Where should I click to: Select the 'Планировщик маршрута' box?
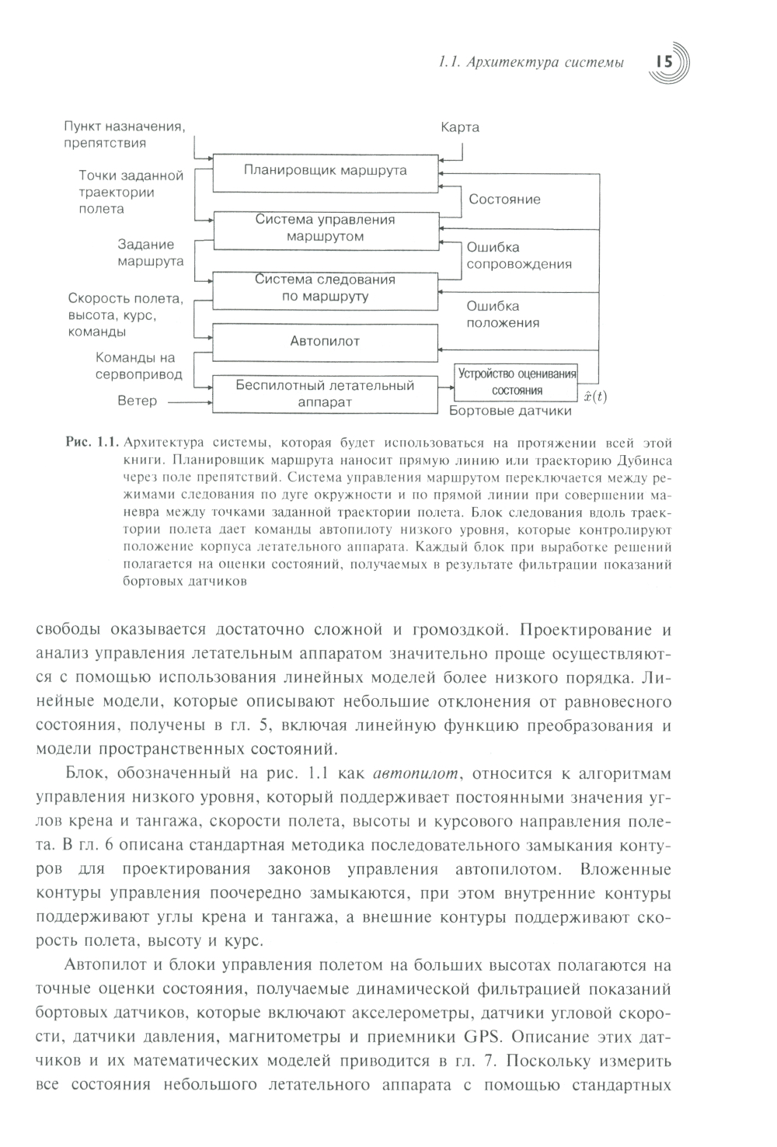(x=325, y=172)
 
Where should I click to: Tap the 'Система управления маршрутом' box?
(x=325, y=228)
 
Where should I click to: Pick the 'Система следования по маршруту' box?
(x=325, y=288)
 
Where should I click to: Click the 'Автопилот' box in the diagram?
(x=325, y=341)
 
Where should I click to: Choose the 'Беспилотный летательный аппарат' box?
(x=325, y=394)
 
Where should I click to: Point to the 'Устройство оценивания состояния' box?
(x=517, y=382)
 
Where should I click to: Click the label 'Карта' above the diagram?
(x=460, y=127)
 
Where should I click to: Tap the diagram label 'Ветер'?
(x=137, y=401)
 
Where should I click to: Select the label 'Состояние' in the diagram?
(x=504, y=200)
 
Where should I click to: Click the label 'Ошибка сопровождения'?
(x=518, y=255)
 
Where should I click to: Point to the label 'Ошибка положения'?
(x=503, y=315)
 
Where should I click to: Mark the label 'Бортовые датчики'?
(x=510, y=411)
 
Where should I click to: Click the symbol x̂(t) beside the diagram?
(x=595, y=397)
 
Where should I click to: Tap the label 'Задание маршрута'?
(x=151, y=253)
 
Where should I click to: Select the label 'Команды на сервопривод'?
(x=139, y=367)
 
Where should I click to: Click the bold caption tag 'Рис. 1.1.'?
(x=92, y=443)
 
